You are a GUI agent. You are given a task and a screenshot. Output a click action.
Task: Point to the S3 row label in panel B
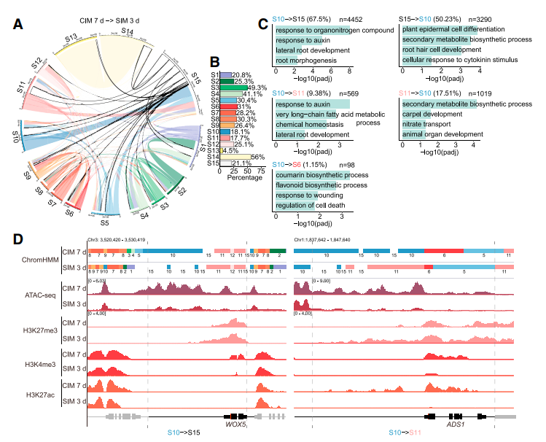pos(216,88)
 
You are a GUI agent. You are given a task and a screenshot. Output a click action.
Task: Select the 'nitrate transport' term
pos(423,125)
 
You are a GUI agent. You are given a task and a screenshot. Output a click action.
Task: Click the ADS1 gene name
pos(457,422)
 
